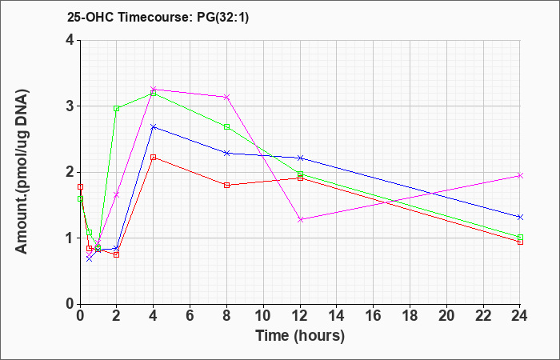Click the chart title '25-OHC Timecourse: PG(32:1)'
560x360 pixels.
[x=158, y=17]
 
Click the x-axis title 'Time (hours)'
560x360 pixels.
[x=300, y=336]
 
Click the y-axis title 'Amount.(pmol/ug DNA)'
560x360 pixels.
[x=22, y=172]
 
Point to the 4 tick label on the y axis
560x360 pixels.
[x=70, y=40]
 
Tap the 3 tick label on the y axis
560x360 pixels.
[x=70, y=106]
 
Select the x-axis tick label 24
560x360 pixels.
[x=520, y=316]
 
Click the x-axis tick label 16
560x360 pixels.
[x=374, y=316]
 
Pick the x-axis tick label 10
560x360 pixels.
[x=263, y=316]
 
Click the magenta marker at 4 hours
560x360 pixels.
[x=154, y=89]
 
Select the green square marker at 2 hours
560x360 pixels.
[x=117, y=109]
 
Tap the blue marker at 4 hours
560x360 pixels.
[x=154, y=126]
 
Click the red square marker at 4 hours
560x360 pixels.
[x=154, y=157]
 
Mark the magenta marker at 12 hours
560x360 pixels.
[x=300, y=220]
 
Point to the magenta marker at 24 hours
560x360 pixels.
[x=520, y=175]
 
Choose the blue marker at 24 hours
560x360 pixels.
[x=520, y=217]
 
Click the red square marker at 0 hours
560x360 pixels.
[x=80, y=186]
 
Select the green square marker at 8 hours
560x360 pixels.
[x=226, y=126]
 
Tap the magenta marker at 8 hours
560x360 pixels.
[x=226, y=97]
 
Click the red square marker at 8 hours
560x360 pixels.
[x=226, y=185]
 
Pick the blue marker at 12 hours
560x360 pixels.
[x=300, y=158]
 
